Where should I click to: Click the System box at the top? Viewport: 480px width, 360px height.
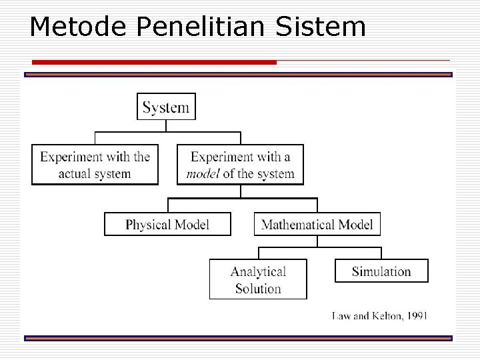tap(166, 107)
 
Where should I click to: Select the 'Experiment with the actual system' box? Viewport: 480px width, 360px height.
tap(95, 165)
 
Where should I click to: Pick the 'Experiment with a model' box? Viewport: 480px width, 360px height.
tap(240, 165)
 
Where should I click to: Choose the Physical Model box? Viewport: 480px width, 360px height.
tap(167, 224)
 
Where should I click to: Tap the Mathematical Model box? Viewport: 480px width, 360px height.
tap(317, 224)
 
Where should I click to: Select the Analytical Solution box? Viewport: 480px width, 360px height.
tap(258, 279)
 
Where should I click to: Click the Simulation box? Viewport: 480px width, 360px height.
tap(381, 271)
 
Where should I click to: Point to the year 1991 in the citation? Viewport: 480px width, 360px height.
tap(416, 315)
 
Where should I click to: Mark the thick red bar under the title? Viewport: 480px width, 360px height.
tap(154, 62)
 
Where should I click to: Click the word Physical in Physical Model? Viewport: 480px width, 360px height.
tap(148, 225)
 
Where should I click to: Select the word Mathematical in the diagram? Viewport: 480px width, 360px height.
tap(298, 224)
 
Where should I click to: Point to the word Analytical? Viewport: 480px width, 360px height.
tap(258, 271)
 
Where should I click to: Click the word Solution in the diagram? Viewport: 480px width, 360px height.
tap(258, 289)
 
